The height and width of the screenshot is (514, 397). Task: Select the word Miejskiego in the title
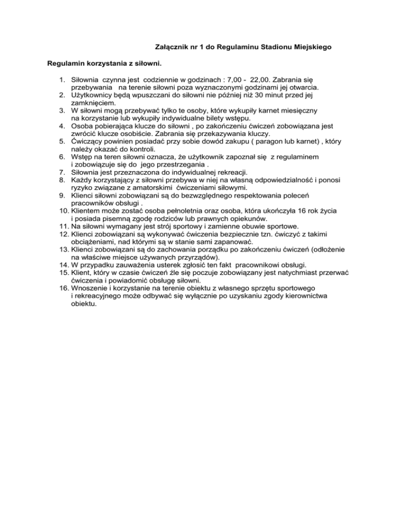(313, 47)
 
